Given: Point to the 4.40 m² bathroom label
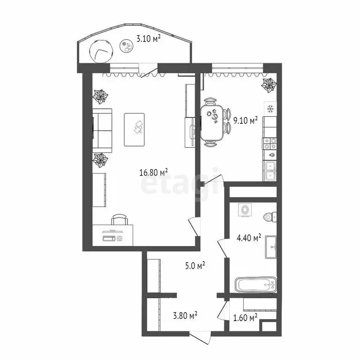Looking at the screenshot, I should pos(248,238).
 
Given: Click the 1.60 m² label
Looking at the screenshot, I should pos(245,318).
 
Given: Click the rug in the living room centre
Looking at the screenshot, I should pos(137,129).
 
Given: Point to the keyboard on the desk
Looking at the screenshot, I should pos(109,239).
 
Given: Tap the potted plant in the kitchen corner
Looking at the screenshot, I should pos(269,85).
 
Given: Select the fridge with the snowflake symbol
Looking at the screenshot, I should pos(270,109).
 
